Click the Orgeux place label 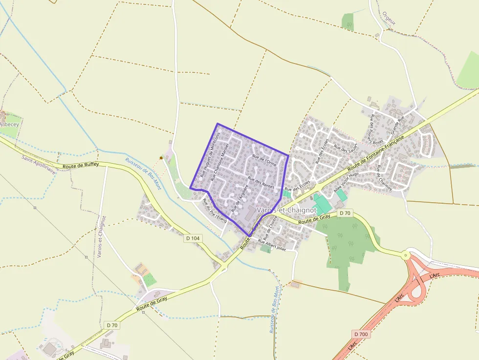tap(389, 19)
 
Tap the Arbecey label tap(8, 124)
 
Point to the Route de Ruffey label tap(81, 165)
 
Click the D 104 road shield tap(193, 238)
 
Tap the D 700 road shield tap(360, 334)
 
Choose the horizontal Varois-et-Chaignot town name tap(286, 210)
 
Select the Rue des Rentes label tap(261, 183)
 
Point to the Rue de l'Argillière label tap(240, 198)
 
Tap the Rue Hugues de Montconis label tap(211, 153)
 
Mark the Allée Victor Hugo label tap(346, 181)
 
